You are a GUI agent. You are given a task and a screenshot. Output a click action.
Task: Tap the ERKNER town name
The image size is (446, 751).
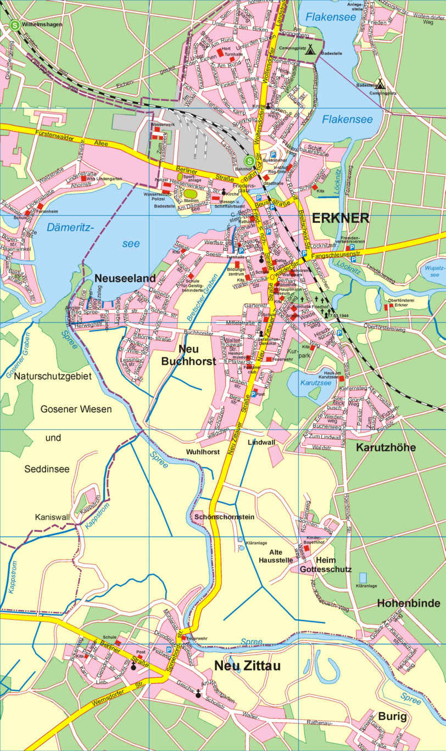340,218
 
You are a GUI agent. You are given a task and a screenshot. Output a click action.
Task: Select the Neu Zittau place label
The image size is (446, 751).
247,666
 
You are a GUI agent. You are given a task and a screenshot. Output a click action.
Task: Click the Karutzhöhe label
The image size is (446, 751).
386,447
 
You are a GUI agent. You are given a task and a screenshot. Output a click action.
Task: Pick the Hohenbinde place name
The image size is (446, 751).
408,604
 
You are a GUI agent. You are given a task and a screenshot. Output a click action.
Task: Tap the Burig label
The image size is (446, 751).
392,716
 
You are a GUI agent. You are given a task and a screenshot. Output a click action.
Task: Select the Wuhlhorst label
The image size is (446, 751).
203,452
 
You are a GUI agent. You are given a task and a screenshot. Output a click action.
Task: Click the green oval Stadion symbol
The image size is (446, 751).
190,193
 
